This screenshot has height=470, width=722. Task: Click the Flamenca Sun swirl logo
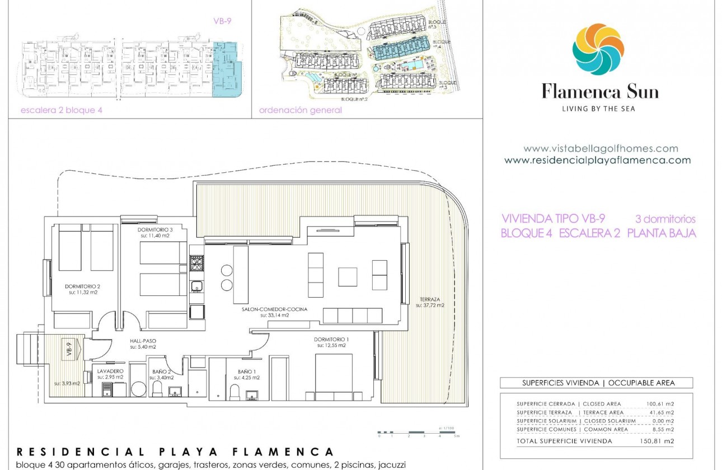click(x=598, y=49)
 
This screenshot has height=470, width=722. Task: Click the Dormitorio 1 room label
click(x=330, y=340)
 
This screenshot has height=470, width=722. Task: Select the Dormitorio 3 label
click(x=154, y=230)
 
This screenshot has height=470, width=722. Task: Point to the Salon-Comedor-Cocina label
click(x=274, y=309)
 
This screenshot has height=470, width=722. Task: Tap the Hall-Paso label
click(x=142, y=341)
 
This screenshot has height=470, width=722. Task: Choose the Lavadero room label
click(x=110, y=371)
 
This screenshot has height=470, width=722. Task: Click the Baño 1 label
click(x=246, y=372)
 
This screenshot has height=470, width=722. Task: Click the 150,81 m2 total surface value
click(x=660, y=441)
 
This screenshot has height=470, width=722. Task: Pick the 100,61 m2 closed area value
click(x=660, y=403)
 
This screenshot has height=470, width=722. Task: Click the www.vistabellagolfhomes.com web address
click(x=601, y=149)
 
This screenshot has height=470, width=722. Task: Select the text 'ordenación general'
click(x=300, y=110)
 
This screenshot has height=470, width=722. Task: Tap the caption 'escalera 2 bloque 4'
click(x=61, y=110)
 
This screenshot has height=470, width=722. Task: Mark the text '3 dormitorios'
click(x=665, y=219)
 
